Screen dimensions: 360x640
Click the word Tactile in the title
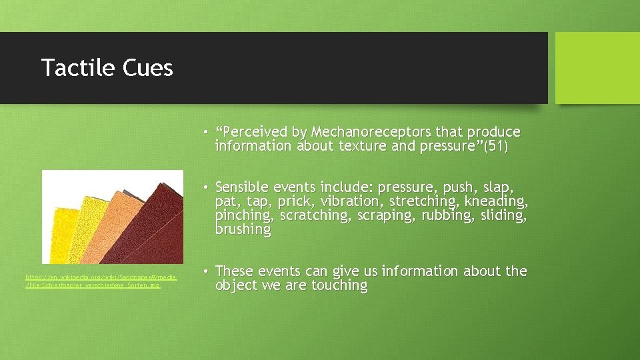pos(76,68)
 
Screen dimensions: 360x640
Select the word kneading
pos(496,201)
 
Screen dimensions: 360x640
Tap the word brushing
pos(243,229)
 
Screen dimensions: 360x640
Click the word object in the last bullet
pos(237,285)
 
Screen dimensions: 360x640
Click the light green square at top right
pos(597,68)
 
